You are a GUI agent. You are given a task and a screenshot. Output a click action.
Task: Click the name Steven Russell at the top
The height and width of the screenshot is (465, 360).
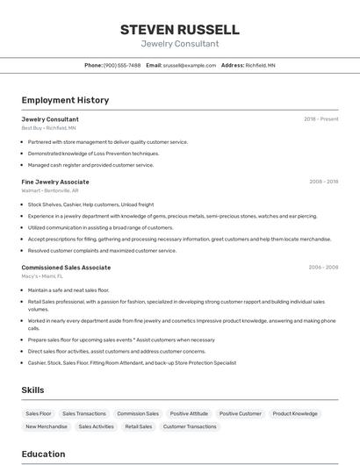click(179, 30)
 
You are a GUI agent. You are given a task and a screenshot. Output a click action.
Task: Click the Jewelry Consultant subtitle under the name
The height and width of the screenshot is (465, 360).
click(179, 44)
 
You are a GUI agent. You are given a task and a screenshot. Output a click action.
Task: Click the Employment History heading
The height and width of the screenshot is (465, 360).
click(65, 100)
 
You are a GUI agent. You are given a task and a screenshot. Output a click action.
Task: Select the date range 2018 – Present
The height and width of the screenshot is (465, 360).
click(320, 119)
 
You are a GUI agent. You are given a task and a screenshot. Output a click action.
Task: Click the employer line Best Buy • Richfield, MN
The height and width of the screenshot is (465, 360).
click(48, 127)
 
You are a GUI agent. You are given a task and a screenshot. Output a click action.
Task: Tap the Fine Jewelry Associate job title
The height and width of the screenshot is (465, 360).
click(55, 182)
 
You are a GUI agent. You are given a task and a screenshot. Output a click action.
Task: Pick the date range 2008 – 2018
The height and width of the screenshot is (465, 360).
click(323, 182)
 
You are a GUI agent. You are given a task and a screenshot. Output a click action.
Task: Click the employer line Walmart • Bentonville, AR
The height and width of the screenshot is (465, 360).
click(50, 190)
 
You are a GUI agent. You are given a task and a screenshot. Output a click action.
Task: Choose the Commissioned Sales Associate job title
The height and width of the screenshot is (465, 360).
click(66, 268)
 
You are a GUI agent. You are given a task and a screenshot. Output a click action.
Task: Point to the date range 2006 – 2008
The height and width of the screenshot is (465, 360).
click(323, 268)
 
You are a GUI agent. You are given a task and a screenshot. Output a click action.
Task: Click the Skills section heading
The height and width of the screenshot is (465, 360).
click(32, 390)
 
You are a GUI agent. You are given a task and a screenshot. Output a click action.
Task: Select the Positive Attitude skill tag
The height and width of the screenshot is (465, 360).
click(189, 413)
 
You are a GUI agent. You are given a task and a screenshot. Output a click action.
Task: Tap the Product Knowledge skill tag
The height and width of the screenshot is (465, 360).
click(295, 413)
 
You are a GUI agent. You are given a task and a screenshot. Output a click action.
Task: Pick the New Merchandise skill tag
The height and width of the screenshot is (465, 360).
click(47, 426)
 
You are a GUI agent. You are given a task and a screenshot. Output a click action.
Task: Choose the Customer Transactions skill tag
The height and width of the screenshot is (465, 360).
click(190, 426)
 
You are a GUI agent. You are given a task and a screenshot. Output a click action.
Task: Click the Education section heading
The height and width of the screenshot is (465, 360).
click(43, 454)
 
